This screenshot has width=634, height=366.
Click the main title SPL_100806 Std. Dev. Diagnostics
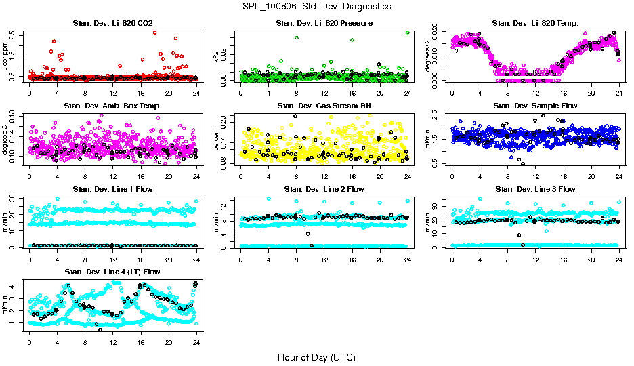(316, 6)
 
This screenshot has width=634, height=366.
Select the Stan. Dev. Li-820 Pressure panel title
(324, 23)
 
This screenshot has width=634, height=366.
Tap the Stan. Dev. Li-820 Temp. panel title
(535, 23)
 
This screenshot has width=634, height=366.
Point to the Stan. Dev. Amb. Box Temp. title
(112, 106)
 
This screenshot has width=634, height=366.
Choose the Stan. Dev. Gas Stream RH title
(324, 106)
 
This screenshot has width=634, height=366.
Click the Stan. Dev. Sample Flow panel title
(535, 106)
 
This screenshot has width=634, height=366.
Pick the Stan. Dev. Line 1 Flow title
(112, 189)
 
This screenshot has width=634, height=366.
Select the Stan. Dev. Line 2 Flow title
(324, 189)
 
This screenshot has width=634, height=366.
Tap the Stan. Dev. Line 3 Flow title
(535, 189)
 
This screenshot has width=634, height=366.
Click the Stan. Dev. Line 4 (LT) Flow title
(112, 272)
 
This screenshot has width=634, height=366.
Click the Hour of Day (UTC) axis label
(316, 357)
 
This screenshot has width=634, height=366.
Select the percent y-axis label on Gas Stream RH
(217, 140)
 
